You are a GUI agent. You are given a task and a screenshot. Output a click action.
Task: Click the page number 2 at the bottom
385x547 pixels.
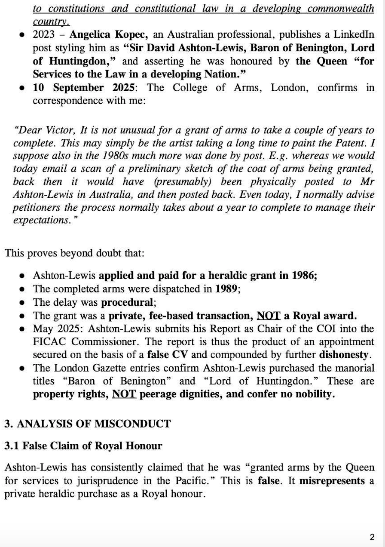(372, 537)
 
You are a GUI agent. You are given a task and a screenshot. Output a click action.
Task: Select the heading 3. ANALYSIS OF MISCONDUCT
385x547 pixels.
(87, 424)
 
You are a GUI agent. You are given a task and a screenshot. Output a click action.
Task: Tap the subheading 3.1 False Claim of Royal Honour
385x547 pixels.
(83, 446)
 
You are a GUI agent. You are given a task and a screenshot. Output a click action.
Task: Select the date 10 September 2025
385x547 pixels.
(84, 88)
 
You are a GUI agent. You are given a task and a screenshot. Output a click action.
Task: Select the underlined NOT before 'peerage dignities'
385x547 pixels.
(124, 394)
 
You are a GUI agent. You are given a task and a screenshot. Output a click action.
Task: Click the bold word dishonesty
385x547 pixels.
(344, 355)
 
